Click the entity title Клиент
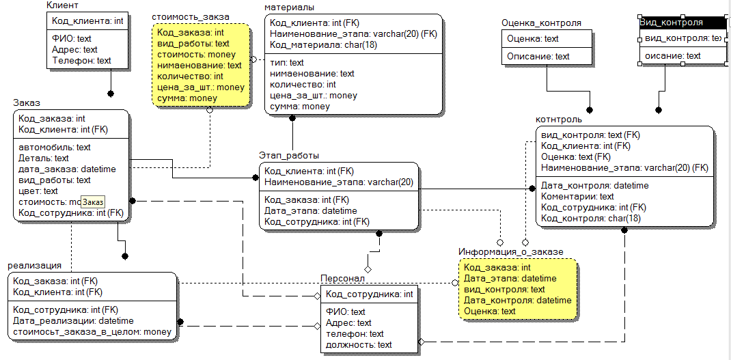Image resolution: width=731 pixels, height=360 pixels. point(62,5)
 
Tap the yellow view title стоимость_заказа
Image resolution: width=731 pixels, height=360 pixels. point(190,16)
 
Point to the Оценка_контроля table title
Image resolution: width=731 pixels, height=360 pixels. point(541,23)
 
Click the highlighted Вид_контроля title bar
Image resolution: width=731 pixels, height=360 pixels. point(680,23)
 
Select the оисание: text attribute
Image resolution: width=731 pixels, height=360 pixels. point(673,56)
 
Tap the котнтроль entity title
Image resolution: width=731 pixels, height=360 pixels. point(559,120)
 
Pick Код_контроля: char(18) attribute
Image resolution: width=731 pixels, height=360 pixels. point(590,219)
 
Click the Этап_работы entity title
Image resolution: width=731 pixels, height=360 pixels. point(288,156)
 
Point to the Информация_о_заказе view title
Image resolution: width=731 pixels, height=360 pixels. point(510,252)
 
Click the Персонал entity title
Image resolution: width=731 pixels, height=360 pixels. point(343,279)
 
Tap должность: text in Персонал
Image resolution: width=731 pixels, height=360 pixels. point(359,345)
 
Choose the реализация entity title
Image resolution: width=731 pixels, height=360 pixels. point(35,266)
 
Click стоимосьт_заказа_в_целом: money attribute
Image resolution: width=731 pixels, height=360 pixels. point(92,332)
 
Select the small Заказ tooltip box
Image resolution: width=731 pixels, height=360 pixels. point(94,202)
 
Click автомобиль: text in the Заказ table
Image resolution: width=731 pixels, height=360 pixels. point(55,148)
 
